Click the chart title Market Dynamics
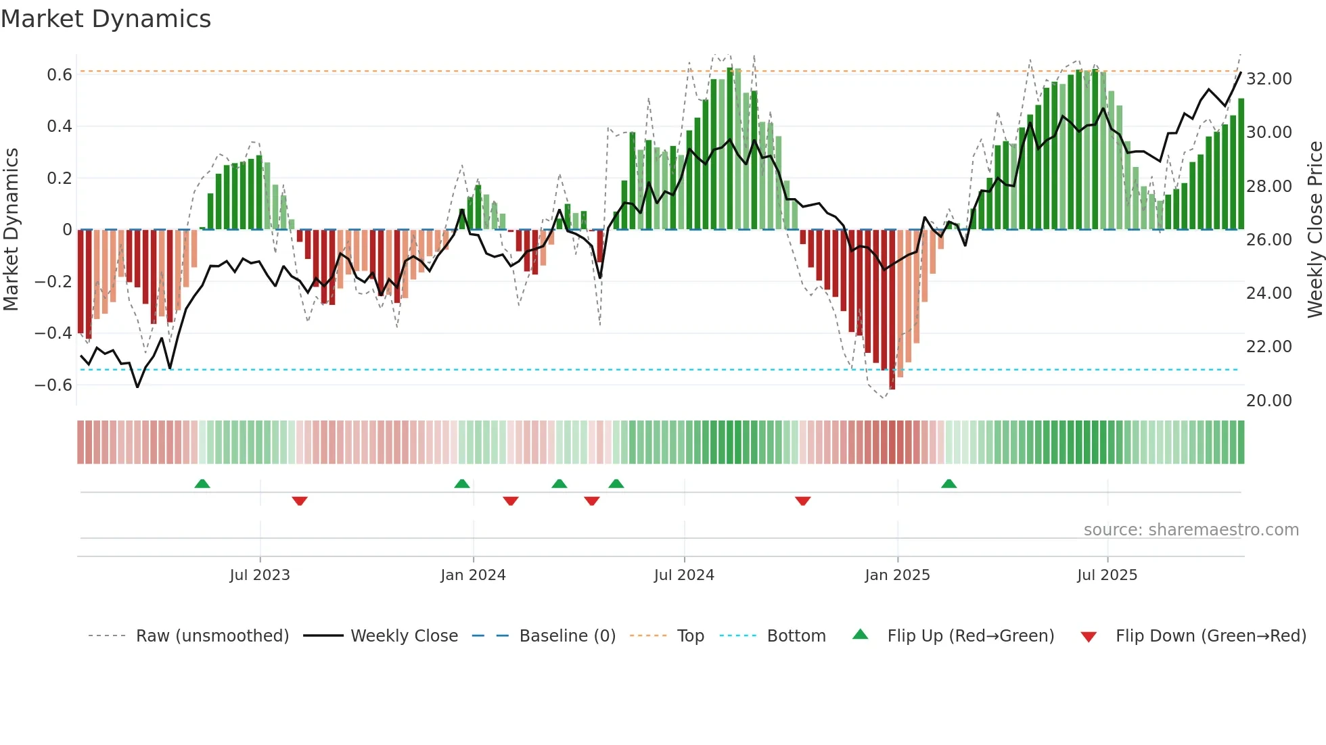tap(106, 19)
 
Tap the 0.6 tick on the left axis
tap(60, 74)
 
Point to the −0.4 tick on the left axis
tap(53, 333)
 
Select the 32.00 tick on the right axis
tap(1269, 78)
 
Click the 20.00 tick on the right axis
tap(1269, 400)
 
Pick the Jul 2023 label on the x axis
tap(260, 575)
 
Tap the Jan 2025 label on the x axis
tap(897, 575)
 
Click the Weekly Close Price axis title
tap(1314, 230)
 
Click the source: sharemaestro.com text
tap(1191, 529)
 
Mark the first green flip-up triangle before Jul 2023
tap(202, 483)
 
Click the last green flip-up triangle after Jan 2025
tap(949, 483)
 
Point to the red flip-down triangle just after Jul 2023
tap(300, 501)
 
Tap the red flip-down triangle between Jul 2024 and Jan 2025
tap(803, 501)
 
